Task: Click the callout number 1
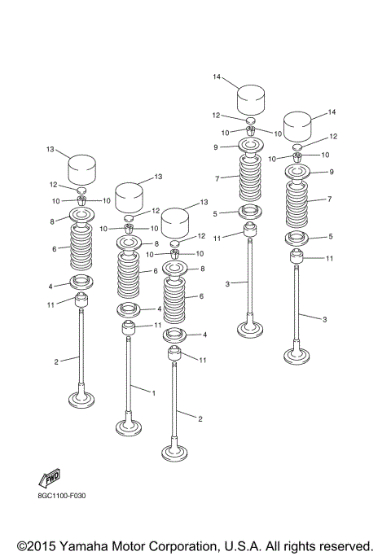(x=153, y=392)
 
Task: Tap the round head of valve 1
(x=130, y=427)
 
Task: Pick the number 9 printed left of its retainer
(x=216, y=147)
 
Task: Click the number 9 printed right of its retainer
(x=332, y=172)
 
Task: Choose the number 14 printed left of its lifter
(x=217, y=77)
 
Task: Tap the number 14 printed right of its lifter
(x=332, y=112)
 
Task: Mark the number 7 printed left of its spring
(x=217, y=177)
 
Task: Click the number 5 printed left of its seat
(x=216, y=214)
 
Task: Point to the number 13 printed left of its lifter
(x=51, y=149)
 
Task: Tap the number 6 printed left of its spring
(x=54, y=250)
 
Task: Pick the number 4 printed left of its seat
(x=51, y=286)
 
